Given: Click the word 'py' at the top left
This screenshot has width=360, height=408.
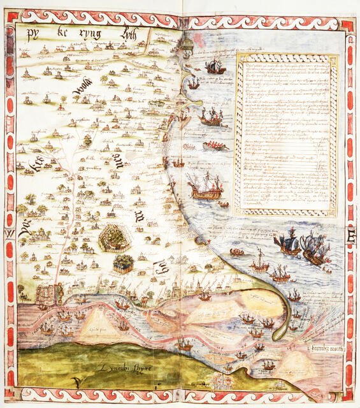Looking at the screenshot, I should click(x=30, y=36).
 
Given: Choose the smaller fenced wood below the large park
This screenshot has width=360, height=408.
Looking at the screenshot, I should click(x=123, y=263).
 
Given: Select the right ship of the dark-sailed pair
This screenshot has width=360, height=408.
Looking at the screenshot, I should click(x=315, y=247).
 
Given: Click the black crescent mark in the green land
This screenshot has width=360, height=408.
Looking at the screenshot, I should click(x=76, y=381).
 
